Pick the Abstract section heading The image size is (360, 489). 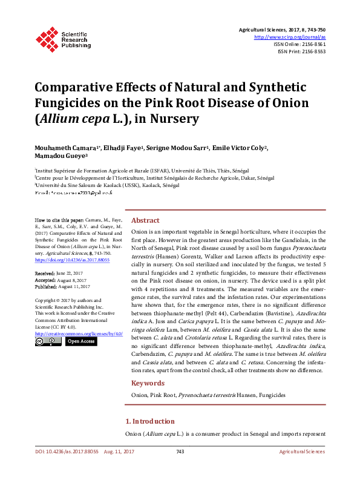(145, 220)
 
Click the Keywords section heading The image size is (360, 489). (148, 383)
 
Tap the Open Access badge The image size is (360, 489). (80, 341)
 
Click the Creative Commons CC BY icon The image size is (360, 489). (48, 341)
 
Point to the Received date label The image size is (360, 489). (45, 274)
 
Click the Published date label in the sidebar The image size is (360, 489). (46, 286)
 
